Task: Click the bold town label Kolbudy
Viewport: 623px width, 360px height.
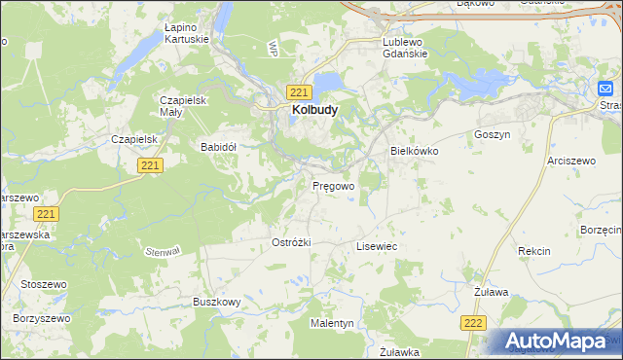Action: coord(314,111)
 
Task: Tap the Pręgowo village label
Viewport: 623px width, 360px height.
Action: coord(333,185)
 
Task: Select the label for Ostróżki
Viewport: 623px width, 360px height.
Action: coord(290,242)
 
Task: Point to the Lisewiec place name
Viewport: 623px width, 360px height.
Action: coord(376,248)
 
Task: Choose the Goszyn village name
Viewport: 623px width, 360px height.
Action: coord(492,134)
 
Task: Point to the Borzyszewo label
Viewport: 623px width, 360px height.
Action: coord(42,318)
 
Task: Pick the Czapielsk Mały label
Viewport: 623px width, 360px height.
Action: coord(184,106)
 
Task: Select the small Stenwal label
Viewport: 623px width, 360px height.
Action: coord(163,251)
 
